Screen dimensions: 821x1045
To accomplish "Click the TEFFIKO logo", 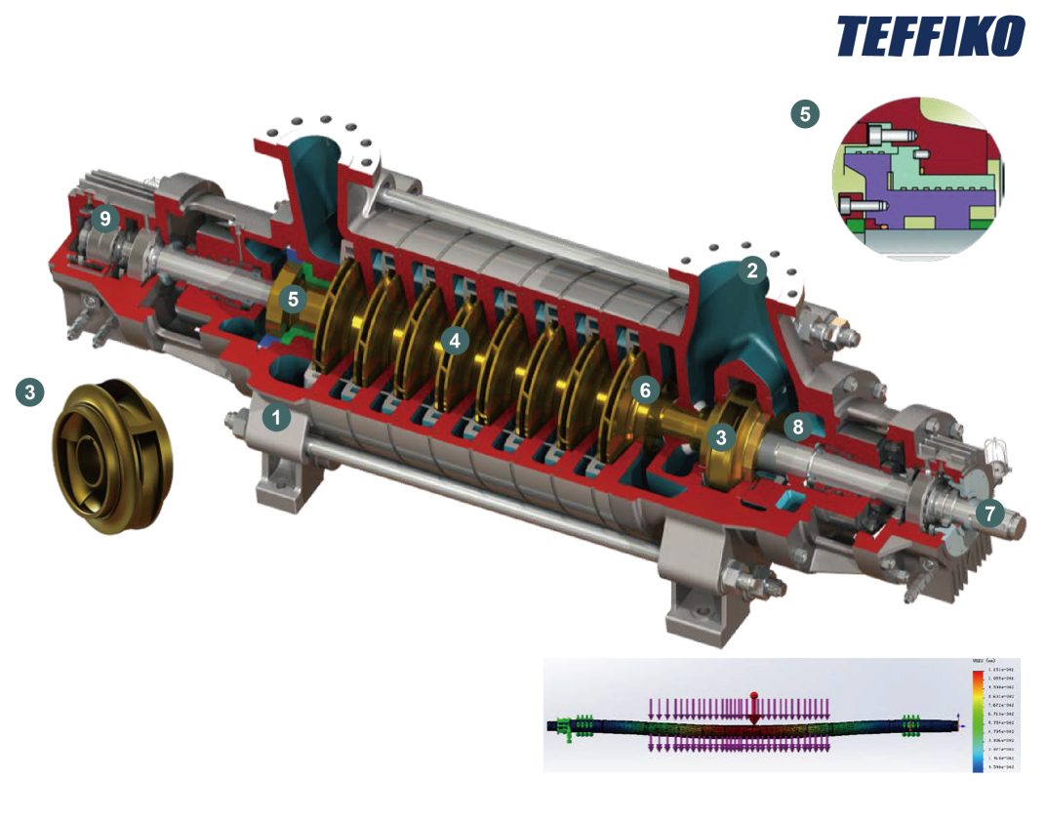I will (931, 36).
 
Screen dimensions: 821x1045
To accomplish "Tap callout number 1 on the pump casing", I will (277, 418).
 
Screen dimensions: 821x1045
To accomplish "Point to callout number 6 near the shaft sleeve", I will (644, 389).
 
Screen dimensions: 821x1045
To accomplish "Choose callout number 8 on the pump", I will (798, 426).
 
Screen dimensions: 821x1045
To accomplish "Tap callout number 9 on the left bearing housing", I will (105, 220).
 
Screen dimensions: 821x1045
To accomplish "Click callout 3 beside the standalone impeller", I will (29, 392).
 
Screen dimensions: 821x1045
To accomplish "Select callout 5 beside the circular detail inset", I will (804, 113).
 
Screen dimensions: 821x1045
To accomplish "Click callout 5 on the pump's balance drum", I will (293, 300).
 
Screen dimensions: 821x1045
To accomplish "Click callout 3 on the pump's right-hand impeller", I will (720, 437).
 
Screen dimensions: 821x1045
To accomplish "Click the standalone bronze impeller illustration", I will (110, 454).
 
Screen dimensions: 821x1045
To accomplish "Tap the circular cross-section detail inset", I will (916, 179).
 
